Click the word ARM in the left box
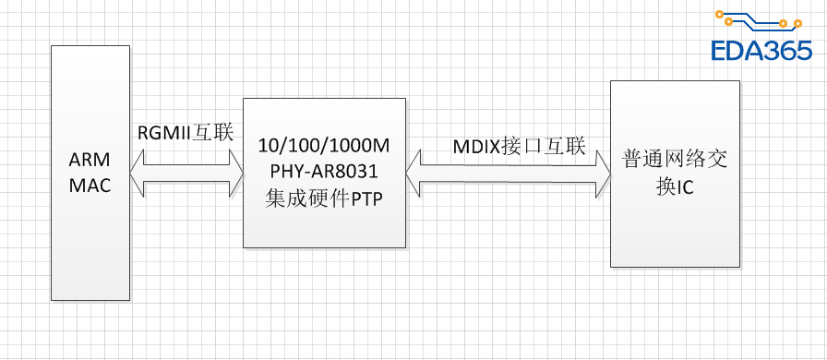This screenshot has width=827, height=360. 90,161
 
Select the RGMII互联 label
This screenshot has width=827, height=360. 186,132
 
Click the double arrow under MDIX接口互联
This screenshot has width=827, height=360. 508,173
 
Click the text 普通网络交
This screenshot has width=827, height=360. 675,159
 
